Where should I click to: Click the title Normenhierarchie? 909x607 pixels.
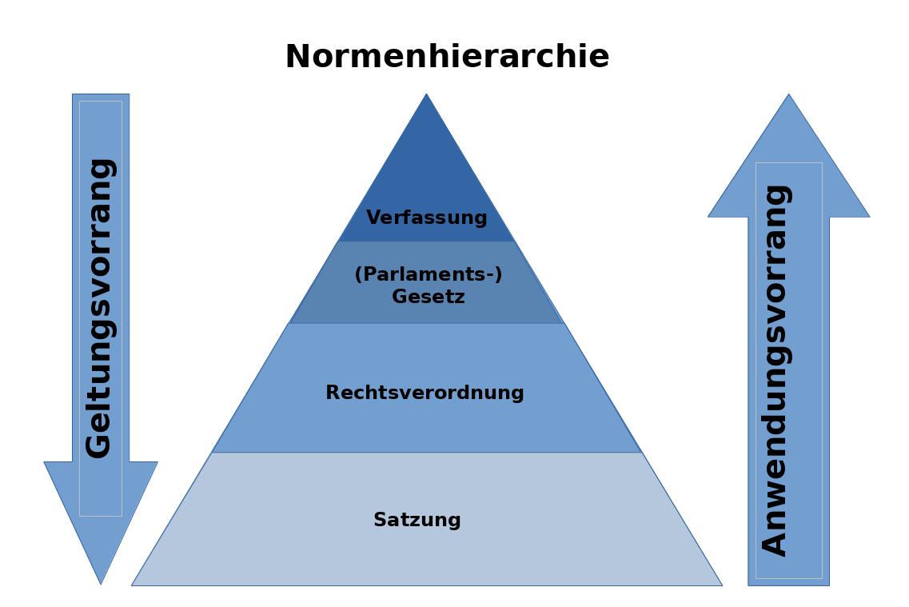tap(447, 58)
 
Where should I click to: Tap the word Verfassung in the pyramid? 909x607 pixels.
tap(427, 218)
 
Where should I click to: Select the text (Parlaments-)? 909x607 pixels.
tap(429, 275)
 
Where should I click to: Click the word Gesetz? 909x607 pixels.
tap(429, 298)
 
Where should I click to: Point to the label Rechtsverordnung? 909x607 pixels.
tap(425, 393)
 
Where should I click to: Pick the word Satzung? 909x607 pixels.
tap(417, 521)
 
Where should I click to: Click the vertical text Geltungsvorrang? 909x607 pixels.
tap(101, 308)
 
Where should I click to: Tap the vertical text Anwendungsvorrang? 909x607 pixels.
tap(775, 369)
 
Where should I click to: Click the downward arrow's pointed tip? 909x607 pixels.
tap(101, 582)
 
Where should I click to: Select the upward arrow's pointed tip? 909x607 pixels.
tap(788, 96)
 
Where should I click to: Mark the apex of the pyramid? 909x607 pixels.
tap(426, 96)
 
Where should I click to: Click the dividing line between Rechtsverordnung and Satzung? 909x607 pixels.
tap(426, 453)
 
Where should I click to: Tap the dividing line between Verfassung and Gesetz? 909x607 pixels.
tap(426, 242)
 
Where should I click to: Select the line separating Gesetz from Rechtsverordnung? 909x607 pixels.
tap(426, 323)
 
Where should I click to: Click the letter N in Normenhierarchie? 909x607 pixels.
tap(297, 58)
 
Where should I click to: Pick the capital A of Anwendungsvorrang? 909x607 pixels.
tap(775, 543)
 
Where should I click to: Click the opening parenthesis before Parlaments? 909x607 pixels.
tap(358, 275)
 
